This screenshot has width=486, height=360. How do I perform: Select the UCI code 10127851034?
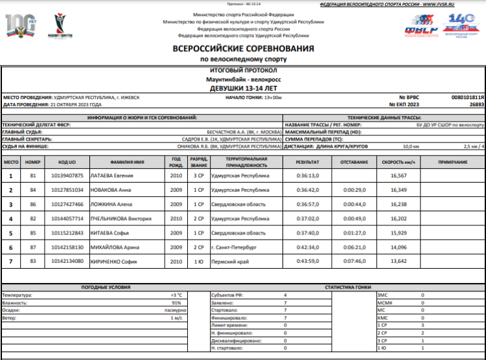(x=67, y=190)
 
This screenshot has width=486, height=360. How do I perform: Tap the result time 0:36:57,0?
(x=308, y=204)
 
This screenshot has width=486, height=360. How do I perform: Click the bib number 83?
(x=33, y=261)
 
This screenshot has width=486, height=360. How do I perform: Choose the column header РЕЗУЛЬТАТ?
(x=308, y=161)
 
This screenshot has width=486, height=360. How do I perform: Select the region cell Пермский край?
(x=225, y=261)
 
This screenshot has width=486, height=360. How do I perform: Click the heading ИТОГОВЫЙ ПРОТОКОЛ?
(x=244, y=70)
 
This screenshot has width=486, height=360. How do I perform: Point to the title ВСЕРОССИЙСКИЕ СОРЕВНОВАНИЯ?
(x=243, y=49)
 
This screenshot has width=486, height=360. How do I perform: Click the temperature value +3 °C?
(x=176, y=295)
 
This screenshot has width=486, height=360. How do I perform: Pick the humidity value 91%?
(x=176, y=302)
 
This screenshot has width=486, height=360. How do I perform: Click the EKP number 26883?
(x=476, y=104)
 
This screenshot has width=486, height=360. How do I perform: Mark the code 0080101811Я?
(x=467, y=96)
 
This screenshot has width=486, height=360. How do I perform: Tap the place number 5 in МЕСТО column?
(x=10, y=232)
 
